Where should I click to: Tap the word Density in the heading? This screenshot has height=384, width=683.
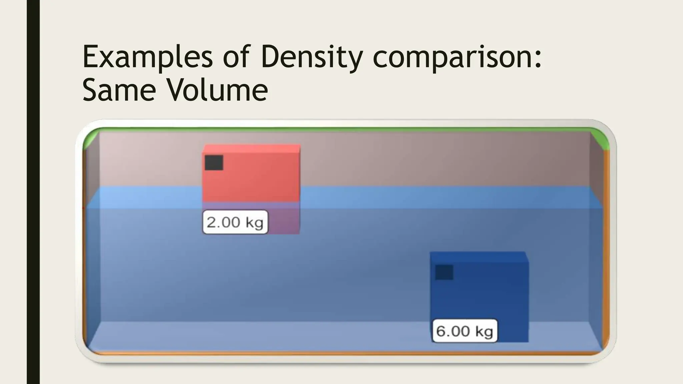tap(311, 57)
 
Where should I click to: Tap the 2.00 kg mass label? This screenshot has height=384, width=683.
tap(235, 222)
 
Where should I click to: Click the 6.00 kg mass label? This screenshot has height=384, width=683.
tap(464, 331)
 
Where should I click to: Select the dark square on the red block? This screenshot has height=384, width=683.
tap(214, 163)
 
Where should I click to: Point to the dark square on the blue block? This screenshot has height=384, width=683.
tap(444, 272)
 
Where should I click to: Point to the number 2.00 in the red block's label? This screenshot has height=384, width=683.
tap(223, 222)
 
